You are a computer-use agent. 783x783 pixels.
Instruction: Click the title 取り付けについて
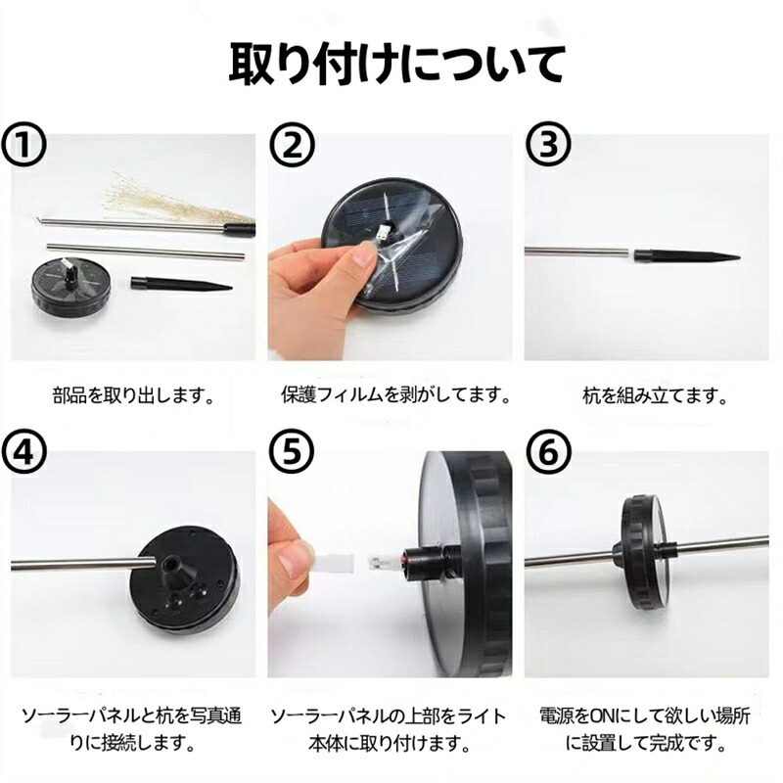[x=397, y=65]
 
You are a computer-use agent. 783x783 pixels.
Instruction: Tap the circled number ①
[x=23, y=145]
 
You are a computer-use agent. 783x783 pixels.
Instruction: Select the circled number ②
[x=292, y=145]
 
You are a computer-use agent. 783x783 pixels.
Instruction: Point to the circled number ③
[x=548, y=145]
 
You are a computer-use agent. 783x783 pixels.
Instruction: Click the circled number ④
[x=23, y=452]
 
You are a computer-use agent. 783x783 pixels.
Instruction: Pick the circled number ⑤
[x=292, y=452]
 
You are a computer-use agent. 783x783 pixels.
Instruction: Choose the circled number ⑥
[x=548, y=452]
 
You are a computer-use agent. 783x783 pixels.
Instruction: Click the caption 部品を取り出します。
[x=134, y=396]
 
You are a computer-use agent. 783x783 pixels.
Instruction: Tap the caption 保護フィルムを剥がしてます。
[x=395, y=396]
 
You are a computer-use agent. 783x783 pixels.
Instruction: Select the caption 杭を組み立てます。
[x=655, y=396]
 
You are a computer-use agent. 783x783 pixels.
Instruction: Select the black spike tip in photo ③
[x=688, y=256]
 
